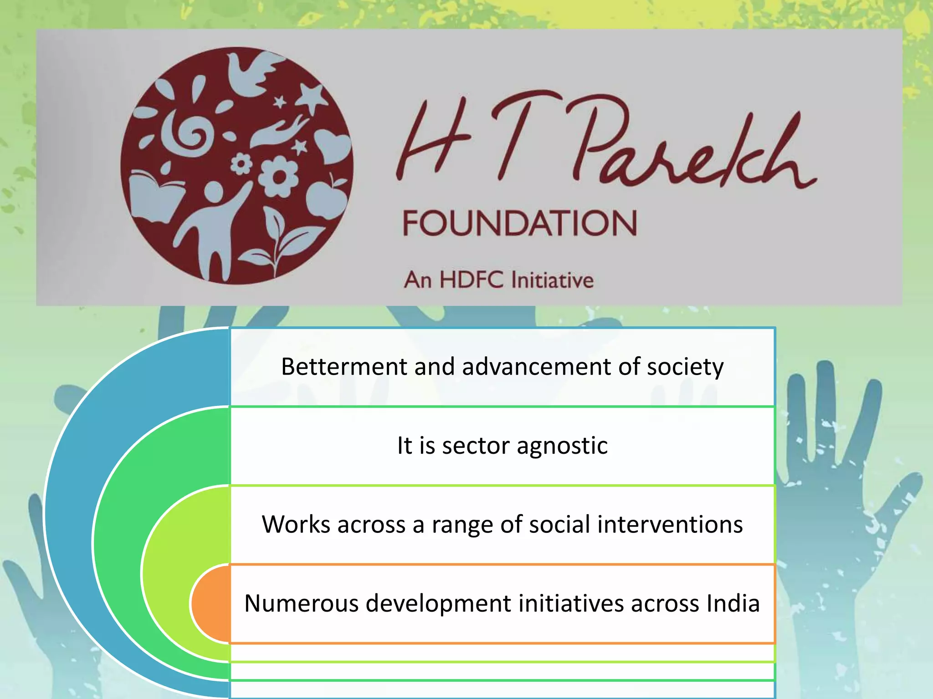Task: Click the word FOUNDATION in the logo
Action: click(x=519, y=223)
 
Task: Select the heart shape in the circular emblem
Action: click(x=333, y=146)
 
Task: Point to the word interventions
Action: click(x=670, y=524)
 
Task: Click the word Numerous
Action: click(x=301, y=603)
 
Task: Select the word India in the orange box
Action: click(x=733, y=603)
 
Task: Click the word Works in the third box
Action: click(x=296, y=524)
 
